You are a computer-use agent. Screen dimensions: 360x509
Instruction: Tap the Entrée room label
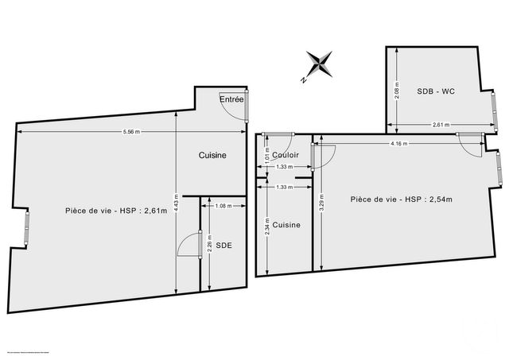pos(231,99)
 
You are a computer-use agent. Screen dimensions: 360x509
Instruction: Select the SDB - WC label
pos(435,92)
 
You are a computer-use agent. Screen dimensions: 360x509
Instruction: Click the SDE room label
pos(224,246)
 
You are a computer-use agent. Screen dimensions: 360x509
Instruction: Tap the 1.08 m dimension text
pos(223,207)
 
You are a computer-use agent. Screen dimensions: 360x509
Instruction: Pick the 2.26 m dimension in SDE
pos(208,246)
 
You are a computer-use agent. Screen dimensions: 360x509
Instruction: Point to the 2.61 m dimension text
pos(441,125)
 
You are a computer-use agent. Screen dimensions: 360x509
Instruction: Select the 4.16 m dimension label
pos(398,144)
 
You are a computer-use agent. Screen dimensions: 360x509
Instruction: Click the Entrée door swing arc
pos(234,111)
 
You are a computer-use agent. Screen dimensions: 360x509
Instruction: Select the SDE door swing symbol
pos(188,246)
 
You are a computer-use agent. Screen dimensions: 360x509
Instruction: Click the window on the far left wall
pos(26,227)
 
